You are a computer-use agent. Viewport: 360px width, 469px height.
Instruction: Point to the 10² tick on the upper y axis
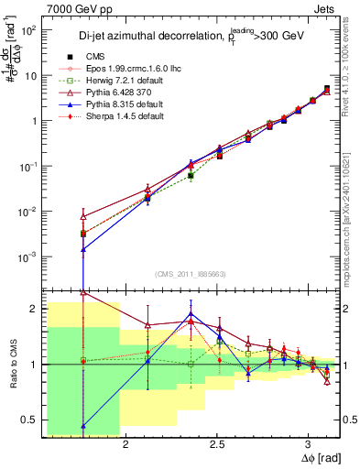[x=27, y=30]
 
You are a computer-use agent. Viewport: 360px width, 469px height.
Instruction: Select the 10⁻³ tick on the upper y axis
[x=27, y=256]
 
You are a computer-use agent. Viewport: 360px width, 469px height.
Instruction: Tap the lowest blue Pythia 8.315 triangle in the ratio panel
[x=83, y=425]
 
